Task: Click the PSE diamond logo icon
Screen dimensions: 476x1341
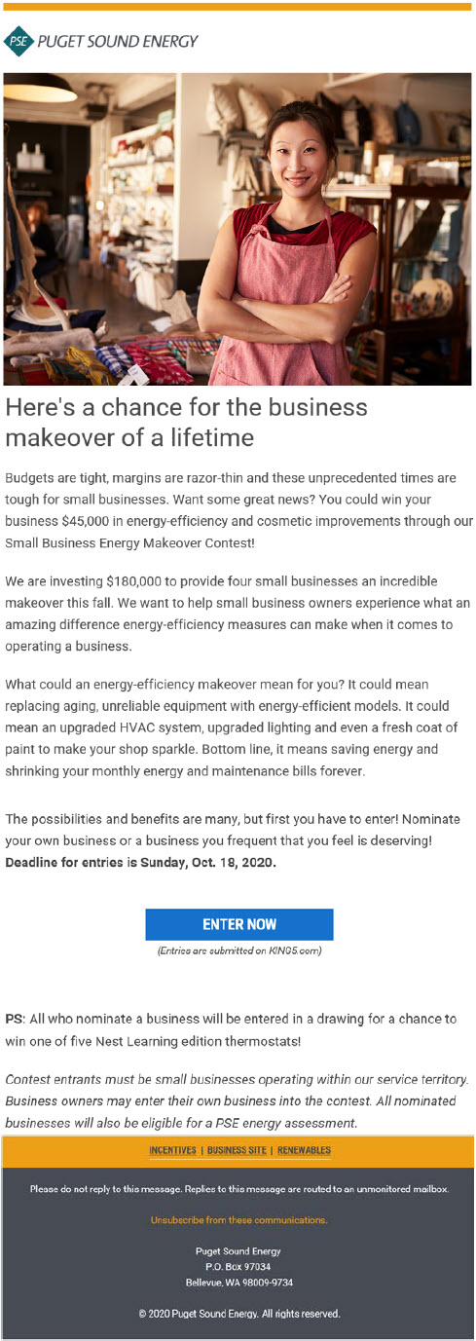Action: click(18, 41)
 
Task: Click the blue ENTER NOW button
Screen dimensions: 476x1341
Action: click(238, 924)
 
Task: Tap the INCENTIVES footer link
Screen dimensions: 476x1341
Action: click(173, 1150)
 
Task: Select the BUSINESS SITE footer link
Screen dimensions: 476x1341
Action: click(237, 1150)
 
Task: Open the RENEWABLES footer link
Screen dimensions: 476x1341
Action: click(304, 1150)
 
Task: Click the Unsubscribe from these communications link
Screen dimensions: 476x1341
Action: click(238, 1219)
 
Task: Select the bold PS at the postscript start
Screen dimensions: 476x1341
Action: click(14, 1019)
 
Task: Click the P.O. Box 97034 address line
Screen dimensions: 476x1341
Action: click(238, 1266)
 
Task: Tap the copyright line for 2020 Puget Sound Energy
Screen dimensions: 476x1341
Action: click(238, 1314)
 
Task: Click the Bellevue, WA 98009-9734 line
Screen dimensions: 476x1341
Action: click(238, 1282)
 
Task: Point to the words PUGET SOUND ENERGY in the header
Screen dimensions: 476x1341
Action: click(117, 42)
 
